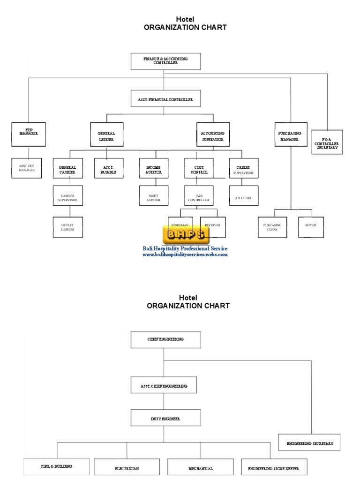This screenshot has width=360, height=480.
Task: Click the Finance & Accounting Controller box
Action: pos(165,61)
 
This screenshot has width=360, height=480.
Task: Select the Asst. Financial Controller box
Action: pos(165,99)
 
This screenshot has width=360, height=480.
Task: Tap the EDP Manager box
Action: pos(29,134)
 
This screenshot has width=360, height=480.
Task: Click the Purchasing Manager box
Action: pos(291,134)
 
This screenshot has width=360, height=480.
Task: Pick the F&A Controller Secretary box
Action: pos(327,142)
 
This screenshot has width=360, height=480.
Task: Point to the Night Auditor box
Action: pos(153,197)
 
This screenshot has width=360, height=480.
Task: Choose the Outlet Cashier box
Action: pos(67,228)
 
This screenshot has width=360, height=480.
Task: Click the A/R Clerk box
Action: pos(243,198)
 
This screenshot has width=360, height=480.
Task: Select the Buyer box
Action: pos(311,225)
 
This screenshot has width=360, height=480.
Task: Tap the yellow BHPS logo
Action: pos(184,235)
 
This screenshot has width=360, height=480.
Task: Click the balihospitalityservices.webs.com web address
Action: pos(185,255)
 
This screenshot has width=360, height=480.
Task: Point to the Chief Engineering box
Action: pos(165,339)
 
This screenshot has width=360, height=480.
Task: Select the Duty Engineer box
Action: pos(165,418)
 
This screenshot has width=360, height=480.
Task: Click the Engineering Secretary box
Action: pos(309,442)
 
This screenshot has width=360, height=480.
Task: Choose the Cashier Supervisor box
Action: pos(67,197)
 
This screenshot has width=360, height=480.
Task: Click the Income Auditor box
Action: pos(153,169)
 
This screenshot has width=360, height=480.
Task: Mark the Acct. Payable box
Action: pos(109,169)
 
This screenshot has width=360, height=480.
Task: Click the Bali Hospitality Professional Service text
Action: pos(185,248)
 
